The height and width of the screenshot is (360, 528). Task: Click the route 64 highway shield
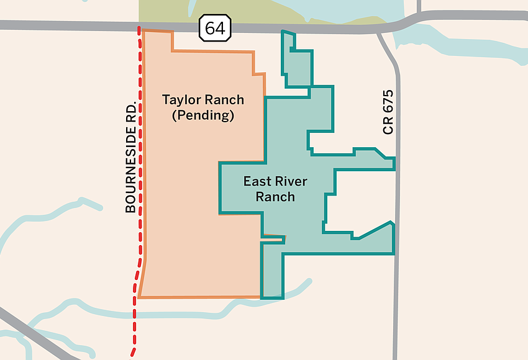click(216, 29)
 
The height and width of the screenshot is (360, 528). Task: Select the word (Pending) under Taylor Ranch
click(203, 115)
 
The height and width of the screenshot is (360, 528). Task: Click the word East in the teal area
click(256, 182)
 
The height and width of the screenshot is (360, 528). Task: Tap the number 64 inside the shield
click(216, 29)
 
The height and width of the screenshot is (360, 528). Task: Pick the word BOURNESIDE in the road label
click(130, 168)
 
